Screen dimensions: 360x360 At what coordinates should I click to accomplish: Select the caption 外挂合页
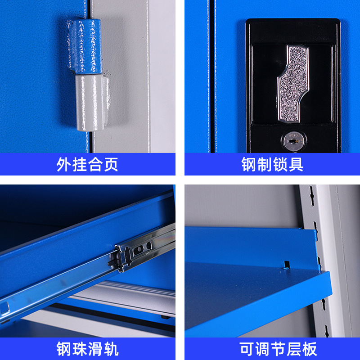pyautogui.click(x=87, y=164)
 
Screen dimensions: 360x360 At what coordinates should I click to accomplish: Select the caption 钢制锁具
pyautogui.click(x=272, y=164)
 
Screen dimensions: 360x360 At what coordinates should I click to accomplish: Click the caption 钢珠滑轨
pyautogui.click(x=87, y=349)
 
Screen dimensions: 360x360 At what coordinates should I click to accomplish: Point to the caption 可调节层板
pyautogui.click(x=272, y=349)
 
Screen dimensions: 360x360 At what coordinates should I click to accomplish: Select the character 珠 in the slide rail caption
pyautogui.click(x=80, y=349)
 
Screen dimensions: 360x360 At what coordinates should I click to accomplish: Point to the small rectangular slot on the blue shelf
pyautogui.click(x=284, y=264)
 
